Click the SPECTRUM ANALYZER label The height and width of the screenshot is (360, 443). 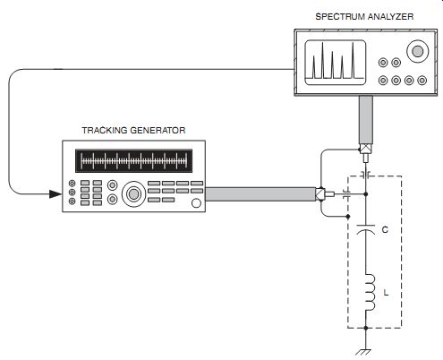pyautogui.click(x=364, y=16)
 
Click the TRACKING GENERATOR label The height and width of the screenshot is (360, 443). pyautogui.click(x=133, y=131)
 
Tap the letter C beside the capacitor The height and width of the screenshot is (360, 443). pyautogui.click(x=385, y=229)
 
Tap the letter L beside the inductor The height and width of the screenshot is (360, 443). pyautogui.click(x=386, y=293)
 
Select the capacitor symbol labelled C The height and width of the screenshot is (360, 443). pyautogui.click(x=366, y=229)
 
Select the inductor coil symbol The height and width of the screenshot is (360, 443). pyautogui.click(x=371, y=293)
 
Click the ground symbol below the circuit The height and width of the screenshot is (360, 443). pyautogui.click(x=364, y=353)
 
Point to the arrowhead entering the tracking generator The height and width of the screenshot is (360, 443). pyautogui.click(x=55, y=194)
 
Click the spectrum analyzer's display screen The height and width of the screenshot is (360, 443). pyautogui.click(x=336, y=62)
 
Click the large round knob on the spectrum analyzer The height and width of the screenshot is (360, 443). pyautogui.click(x=417, y=51)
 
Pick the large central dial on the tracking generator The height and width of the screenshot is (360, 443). pyautogui.click(x=133, y=194)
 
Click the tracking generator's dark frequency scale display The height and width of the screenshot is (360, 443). pyautogui.click(x=133, y=161)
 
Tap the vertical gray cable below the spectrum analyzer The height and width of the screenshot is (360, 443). pyautogui.click(x=366, y=120)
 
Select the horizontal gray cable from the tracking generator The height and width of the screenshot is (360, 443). pyautogui.click(x=260, y=194)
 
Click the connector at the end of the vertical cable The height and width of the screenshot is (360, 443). pyautogui.click(x=366, y=153)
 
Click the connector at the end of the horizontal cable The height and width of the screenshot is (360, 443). pyautogui.click(x=325, y=194)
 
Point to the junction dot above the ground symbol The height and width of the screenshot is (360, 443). pyautogui.click(x=366, y=328)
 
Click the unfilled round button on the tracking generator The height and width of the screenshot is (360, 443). pyautogui.click(x=196, y=203)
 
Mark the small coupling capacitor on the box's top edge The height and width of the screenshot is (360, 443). pyautogui.click(x=366, y=175)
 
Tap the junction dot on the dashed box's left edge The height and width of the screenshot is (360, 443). pyautogui.click(x=348, y=216)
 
